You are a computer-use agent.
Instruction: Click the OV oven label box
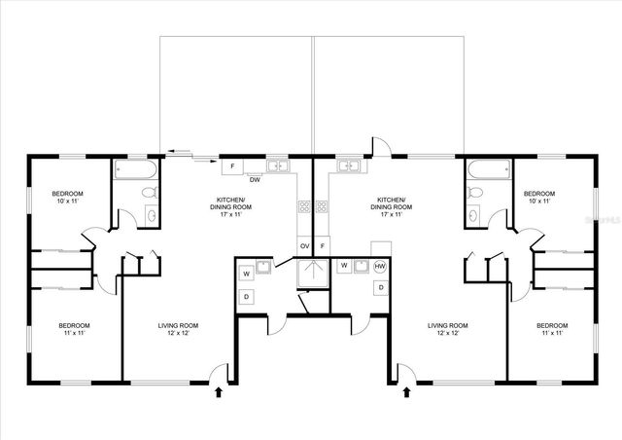coord(304,246)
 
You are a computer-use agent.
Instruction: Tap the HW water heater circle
coord(380,266)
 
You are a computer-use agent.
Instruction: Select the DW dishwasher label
coord(254,180)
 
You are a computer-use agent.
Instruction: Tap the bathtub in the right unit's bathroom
coord(487,170)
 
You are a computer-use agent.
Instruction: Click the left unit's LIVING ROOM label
coord(179,329)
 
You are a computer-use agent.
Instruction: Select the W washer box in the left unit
coord(246,271)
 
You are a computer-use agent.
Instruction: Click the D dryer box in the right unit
coord(380,288)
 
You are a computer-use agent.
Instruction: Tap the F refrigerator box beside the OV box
coord(322,246)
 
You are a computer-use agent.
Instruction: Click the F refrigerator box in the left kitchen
coord(233,166)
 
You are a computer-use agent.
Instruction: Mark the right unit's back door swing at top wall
coord(378,148)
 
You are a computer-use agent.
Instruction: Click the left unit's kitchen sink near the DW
coord(277,166)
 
